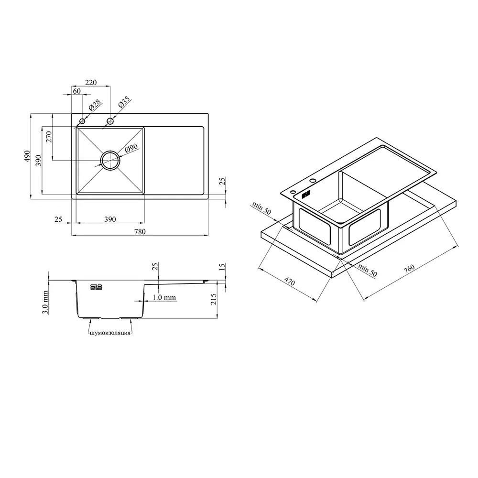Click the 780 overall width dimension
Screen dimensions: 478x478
tap(140, 232)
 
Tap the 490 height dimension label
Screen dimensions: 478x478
tap(27, 156)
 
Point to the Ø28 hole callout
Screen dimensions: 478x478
tap(95, 105)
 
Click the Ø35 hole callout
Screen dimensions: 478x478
tap(124, 102)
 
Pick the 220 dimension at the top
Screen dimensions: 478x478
tap(91, 82)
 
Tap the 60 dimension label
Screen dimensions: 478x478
tap(77, 91)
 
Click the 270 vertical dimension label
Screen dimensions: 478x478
tap(49, 137)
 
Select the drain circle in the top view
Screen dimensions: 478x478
tap(110, 160)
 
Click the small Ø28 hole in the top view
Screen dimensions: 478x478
tap(82, 121)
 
